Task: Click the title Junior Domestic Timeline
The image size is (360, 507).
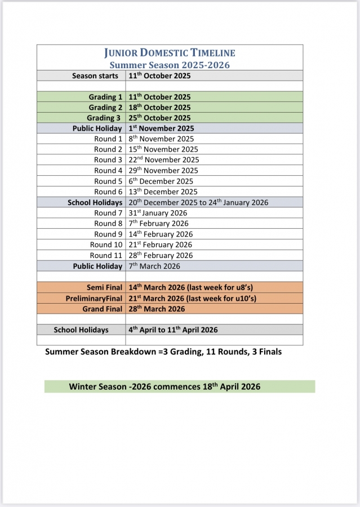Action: tap(170, 53)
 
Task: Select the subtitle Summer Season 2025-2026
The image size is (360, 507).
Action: tap(170, 65)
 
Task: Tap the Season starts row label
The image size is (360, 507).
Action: tap(95, 75)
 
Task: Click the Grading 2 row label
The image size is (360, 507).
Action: tap(105, 108)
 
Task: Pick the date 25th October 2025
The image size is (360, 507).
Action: tap(159, 118)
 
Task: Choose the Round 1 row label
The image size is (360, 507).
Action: tap(108, 139)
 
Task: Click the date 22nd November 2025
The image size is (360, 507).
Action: tap(163, 160)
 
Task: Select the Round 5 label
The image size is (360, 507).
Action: tap(108, 181)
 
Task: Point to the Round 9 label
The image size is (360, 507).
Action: tap(108, 234)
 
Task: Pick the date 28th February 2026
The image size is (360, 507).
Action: tap(161, 255)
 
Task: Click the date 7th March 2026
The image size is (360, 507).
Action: tap(154, 266)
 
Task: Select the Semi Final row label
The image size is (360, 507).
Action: tap(104, 287)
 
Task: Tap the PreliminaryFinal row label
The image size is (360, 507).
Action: tap(94, 298)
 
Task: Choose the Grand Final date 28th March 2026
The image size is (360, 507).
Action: tap(157, 309)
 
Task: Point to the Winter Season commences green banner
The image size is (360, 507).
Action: tap(179, 386)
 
